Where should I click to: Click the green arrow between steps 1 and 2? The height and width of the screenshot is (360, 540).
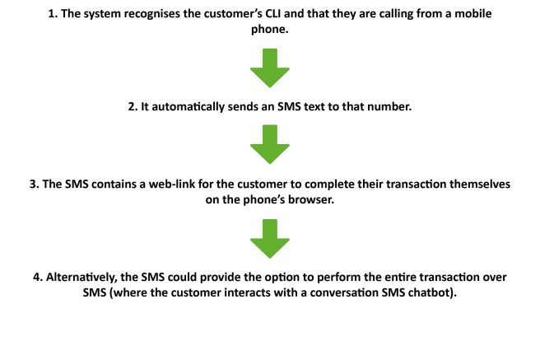pos(270,68)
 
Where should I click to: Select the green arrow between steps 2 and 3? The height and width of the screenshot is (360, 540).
pos(270,144)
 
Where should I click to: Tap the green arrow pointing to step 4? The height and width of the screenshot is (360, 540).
pos(270,239)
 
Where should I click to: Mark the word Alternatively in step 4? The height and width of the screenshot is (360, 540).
pos(81,278)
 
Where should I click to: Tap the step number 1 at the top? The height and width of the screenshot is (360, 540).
pos(53,14)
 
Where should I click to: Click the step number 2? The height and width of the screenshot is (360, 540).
pos(133,107)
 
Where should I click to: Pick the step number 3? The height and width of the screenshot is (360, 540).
pos(35,184)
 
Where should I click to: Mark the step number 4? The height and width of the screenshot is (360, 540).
pos(38,278)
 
